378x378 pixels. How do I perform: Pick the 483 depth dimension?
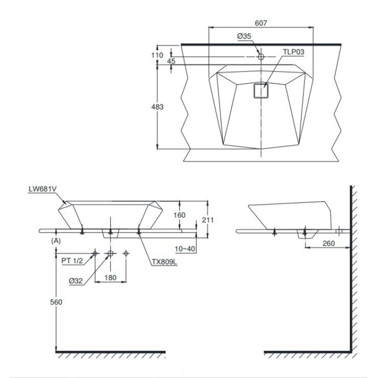(x=157, y=107)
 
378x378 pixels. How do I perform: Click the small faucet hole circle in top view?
(x=261, y=57)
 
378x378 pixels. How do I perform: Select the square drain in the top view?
(x=261, y=90)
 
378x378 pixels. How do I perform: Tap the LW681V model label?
(x=43, y=189)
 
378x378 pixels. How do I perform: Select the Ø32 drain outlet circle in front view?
(x=110, y=253)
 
